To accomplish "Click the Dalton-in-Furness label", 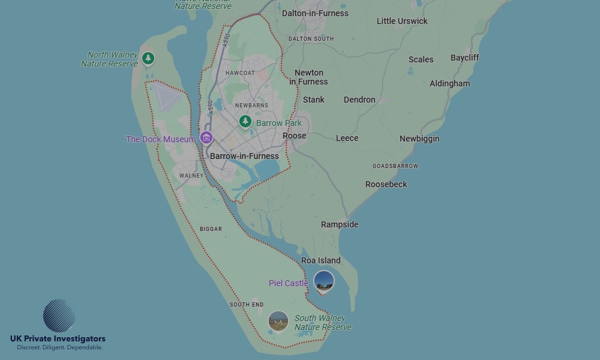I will tap(315, 13).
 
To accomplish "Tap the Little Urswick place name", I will tap(402, 21).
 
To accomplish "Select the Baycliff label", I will tap(464, 58).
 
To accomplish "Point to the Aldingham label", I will tap(449, 83).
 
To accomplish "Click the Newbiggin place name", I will tap(419, 139).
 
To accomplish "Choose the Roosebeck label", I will tap(386, 184).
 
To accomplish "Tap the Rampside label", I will tap(340, 224).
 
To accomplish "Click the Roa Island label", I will tap(320, 260).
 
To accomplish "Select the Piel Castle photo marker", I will tap(324, 281).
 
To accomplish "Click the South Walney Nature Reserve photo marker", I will tap(278, 321).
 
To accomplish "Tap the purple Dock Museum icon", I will tap(206, 138).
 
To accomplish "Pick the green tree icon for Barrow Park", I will tap(245, 122).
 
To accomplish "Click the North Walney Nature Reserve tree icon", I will tap(148, 58).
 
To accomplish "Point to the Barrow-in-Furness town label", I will tap(244, 156).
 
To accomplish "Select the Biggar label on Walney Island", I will tap(211, 229).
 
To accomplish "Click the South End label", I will tap(247, 305).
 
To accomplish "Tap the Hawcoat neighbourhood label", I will tap(240, 73).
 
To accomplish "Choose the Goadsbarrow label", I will tap(395, 166).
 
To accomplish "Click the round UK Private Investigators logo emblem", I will tap(59, 316).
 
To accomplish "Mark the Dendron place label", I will tap(359, 100).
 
